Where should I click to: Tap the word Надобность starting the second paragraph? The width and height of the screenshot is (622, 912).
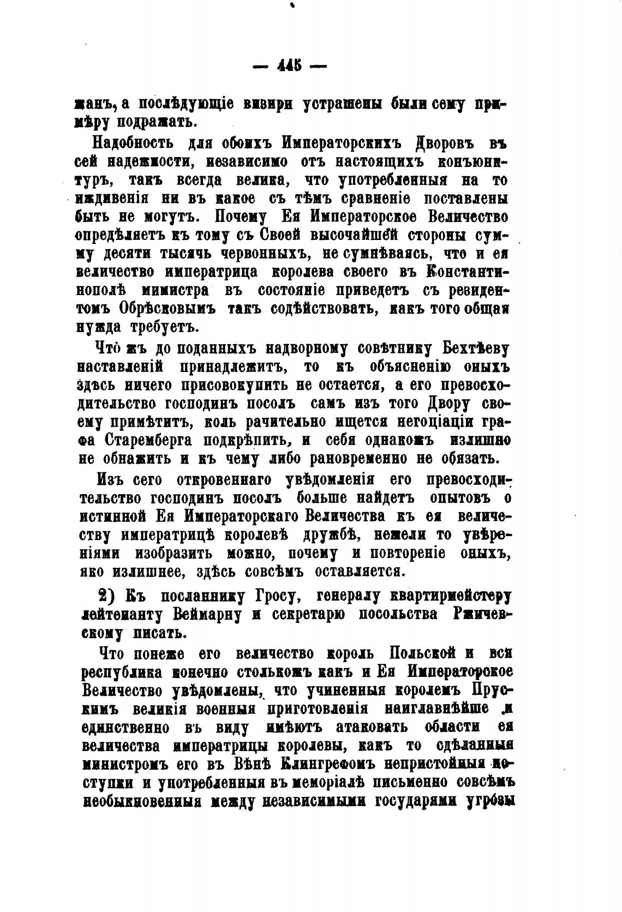pos(125,144)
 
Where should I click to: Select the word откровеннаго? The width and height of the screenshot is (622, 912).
pos(228,480)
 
